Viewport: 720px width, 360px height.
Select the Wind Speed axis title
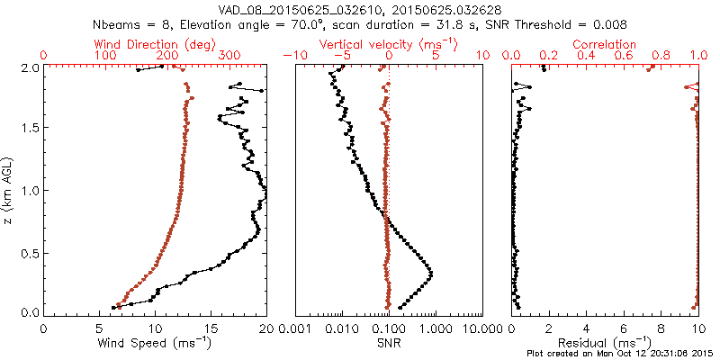155,343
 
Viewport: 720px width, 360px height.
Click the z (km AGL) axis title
11,190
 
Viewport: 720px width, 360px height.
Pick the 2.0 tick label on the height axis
29,67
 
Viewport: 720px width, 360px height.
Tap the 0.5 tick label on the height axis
29,252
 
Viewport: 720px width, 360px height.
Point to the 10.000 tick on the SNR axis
482,328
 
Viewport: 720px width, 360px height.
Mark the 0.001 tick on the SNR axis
295,328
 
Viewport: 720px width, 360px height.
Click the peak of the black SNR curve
430,274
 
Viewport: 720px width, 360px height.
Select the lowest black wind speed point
113,307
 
